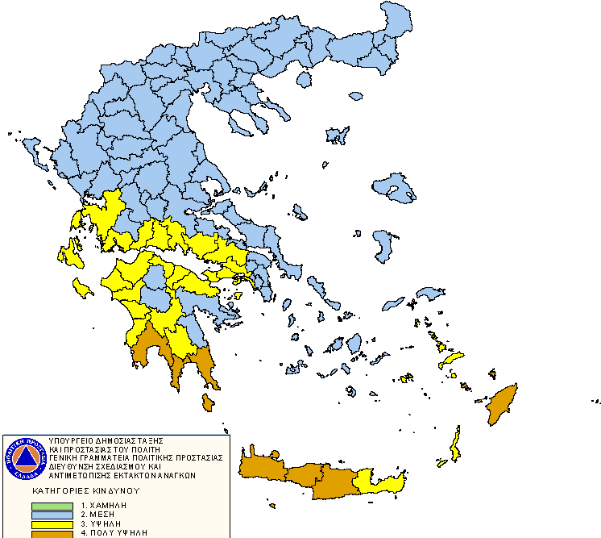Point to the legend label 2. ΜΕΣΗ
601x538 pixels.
tap(97, 515)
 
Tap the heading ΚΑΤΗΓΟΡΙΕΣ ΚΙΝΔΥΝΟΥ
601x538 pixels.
tap(86, 490)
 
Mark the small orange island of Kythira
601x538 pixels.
tap(209, 401)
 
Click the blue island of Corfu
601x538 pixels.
tap(33, 149)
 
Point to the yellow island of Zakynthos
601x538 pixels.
tap(81, 287)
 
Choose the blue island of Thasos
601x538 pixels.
tap(304, 80)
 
